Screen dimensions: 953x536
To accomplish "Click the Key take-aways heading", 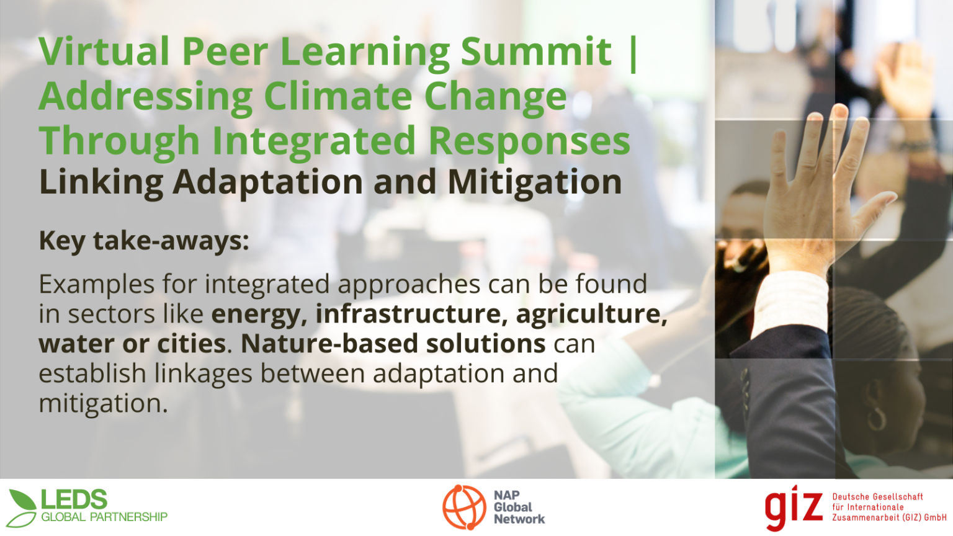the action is [144, 241].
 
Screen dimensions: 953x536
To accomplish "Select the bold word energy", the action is [259, 315].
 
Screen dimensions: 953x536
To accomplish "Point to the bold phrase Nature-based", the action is [329, 344].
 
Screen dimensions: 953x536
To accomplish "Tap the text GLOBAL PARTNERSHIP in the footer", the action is [104, 517].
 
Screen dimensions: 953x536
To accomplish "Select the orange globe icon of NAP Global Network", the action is [464, 507].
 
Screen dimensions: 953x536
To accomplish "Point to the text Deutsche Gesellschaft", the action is [878, 496].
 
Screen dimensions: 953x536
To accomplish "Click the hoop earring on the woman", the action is [876, 419].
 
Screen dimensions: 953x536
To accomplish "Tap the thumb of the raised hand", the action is [877, 209].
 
